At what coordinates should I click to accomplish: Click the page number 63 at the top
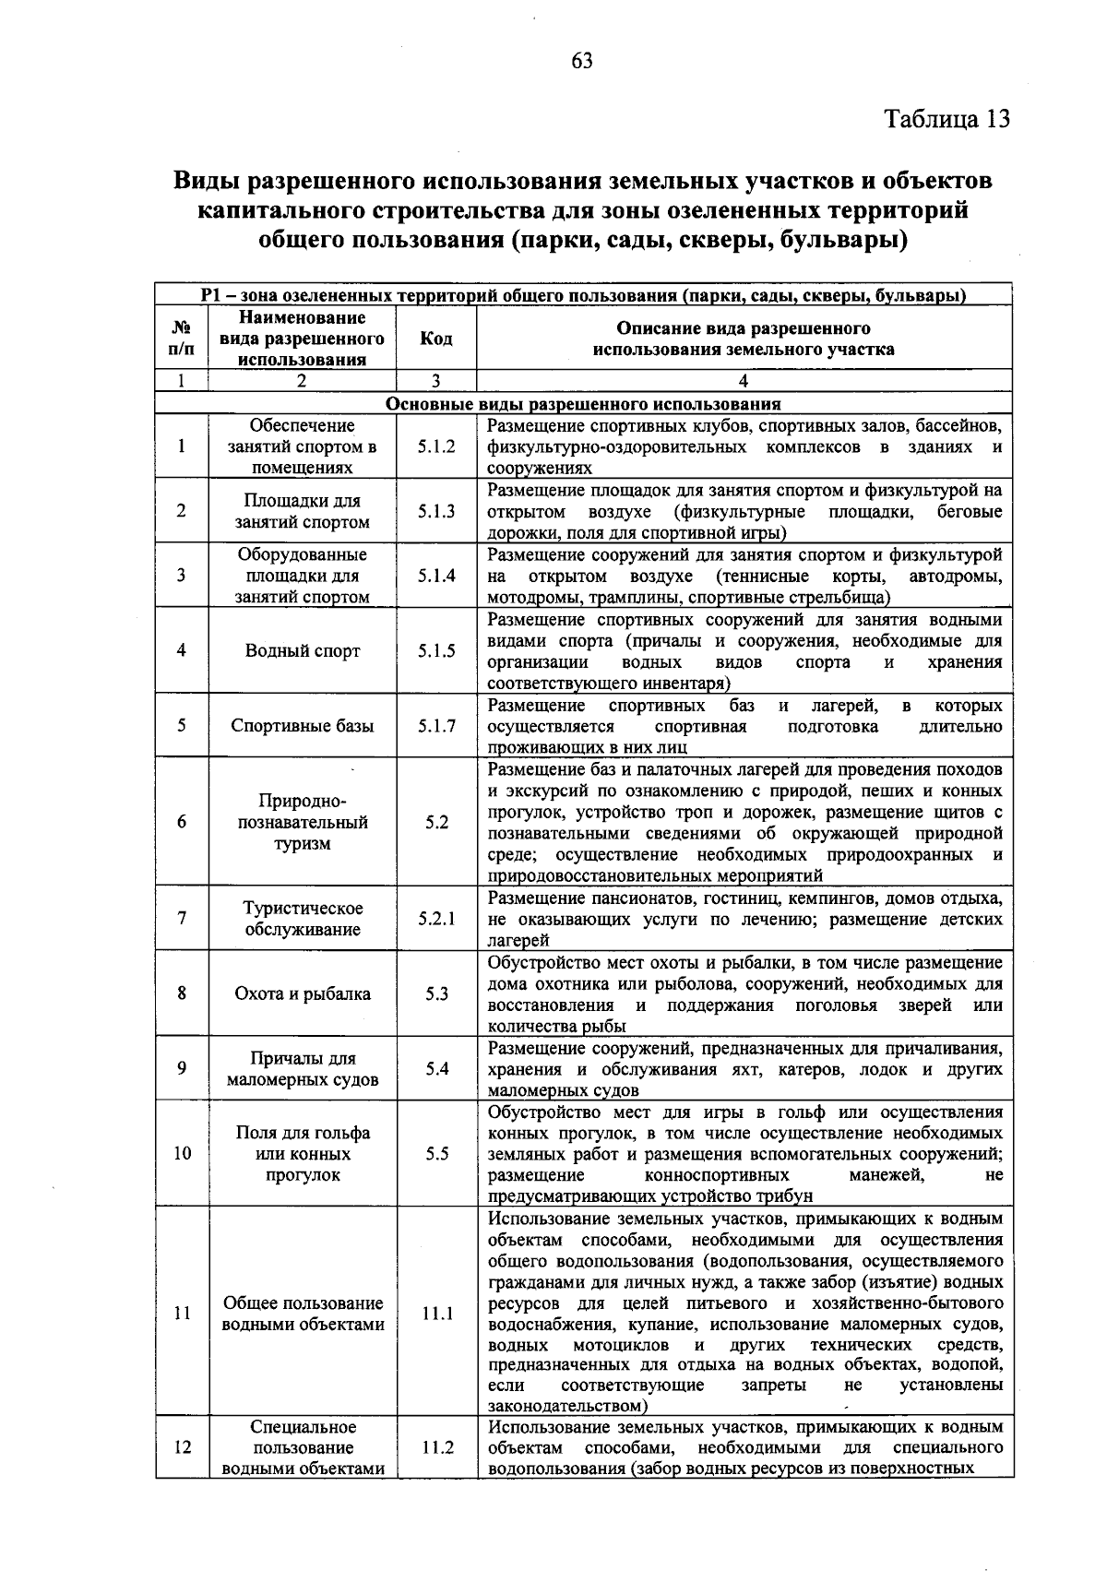click(581, 61)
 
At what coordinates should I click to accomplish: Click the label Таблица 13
click(946, 119)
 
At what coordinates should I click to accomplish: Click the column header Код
click(435, 339)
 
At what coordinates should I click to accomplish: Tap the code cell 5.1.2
click(435, 446)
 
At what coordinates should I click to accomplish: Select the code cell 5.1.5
click(435, 650)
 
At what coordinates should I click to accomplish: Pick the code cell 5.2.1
click(435, 919)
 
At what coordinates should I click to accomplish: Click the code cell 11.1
click(437, 1314)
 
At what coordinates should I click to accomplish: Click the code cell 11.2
click(437, 1447)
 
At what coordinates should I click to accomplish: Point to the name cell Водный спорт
click(303, 650)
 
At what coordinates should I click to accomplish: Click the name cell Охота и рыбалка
click(303, 993)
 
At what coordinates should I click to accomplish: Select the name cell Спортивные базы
click(303, 726)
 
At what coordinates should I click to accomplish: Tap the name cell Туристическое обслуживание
click(303, 919)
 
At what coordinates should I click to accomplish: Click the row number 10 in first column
click(182, 1153)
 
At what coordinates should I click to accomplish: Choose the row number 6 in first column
click(182, 822)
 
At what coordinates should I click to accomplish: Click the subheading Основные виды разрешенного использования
click(583, 404)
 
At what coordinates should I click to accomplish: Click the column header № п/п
click(182, 339)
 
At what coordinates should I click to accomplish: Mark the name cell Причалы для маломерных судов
click(303, 1068)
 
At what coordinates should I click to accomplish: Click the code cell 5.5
click(437, 1153)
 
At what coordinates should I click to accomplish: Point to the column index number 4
click(744, 381)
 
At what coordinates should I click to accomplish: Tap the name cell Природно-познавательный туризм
click(303, 822)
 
